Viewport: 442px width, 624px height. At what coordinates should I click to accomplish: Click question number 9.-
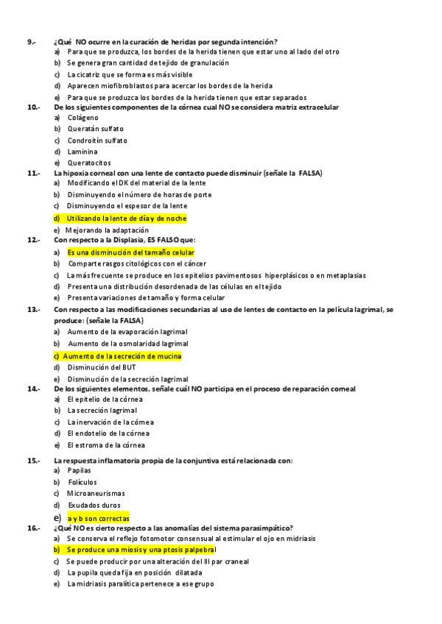click(31, 41)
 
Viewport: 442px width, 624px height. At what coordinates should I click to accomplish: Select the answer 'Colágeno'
click(83, 118)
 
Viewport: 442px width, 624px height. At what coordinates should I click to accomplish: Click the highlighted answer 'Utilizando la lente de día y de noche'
click(126, 219)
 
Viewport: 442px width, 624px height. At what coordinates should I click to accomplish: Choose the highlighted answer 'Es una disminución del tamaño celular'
click(130, 252)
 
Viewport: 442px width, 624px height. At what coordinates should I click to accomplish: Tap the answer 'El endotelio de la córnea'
click(108, 433)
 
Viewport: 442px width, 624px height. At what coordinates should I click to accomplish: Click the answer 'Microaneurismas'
click(96, 493)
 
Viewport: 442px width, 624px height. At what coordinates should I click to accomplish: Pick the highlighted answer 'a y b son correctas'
click(98, 518)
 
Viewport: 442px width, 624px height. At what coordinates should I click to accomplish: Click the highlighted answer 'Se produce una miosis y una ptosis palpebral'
click(141, 550)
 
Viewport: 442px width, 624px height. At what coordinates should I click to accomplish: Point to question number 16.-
click(33, 528)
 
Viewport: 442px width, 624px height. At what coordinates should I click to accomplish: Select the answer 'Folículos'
click(82, 482)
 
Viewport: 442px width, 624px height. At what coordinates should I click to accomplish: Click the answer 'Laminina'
click(82, 152)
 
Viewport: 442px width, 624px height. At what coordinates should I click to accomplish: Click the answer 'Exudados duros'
click(94, 505)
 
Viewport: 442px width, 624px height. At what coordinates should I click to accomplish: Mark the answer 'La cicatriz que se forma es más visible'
click(130, 74)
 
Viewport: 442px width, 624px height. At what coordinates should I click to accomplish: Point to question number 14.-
click(33, 389)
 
